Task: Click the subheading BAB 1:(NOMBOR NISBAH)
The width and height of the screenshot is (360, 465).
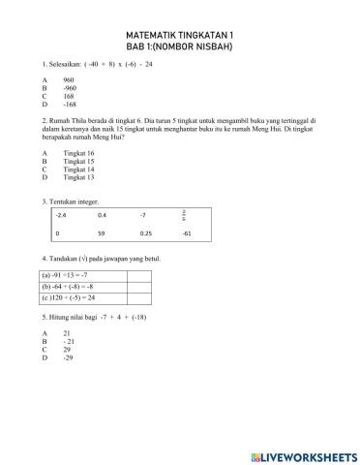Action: point(180,46)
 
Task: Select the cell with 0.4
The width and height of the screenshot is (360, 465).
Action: point(103,213)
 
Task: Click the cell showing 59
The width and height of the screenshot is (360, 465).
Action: point(102,233)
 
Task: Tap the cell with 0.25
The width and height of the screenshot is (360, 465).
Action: point(145,233)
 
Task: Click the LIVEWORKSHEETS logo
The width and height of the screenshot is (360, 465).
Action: point(300,453)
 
